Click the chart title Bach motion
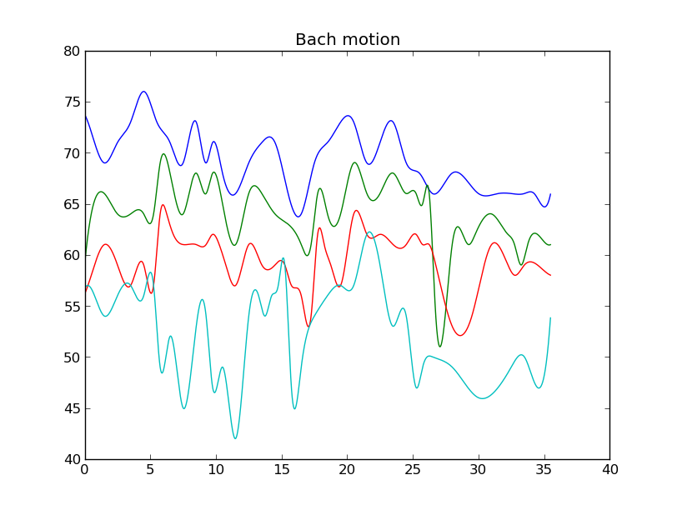[x=348, y=40]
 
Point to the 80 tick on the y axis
[x=71, y=52]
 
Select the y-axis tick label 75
[x=71, y=102]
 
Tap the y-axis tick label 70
[x=71, y=153]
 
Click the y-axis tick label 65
[x=71, y=205]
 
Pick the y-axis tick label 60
[x=71, y=256]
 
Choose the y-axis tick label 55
[x=71, y=307]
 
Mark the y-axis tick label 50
[x=71, y=357]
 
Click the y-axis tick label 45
[x=71, y=409]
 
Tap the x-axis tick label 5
[x=150, y=470]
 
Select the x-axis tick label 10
[x=216, y=470]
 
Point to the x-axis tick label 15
[x=282, y=470]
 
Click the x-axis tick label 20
[x=347, y=470]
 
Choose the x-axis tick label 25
[x=413, y=470]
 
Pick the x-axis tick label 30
[x=479, y=470]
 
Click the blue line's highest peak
[x=144, y=92]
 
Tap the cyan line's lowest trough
[x=235, y=438]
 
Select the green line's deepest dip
[x=439, y=347]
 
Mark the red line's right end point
[x=550, y=275]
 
